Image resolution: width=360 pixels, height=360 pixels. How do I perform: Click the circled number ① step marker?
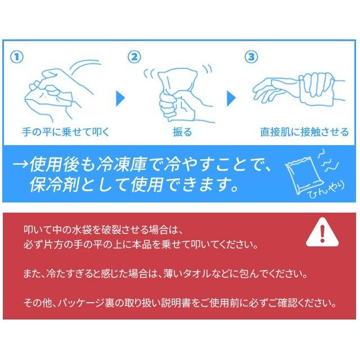(x=17, y=57)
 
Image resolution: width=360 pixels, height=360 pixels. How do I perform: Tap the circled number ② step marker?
(x=133, y=57)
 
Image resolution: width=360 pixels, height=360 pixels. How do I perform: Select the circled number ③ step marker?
(x=250, y=57)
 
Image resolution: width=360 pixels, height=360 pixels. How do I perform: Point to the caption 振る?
(x=182, y=133)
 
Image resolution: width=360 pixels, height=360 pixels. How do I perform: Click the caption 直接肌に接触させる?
(x=304, y=133)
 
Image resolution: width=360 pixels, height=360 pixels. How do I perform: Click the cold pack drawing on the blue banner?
(x=304, y=170)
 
